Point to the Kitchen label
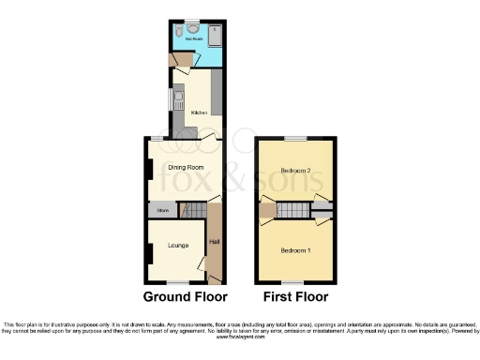click(x=199, y=112)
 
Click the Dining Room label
click(x=187, y=167)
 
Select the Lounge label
click(x=178, y=246)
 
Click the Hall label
click(x=214, y=244)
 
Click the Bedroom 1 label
click(x=296, y=250)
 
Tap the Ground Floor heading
click(x=186, y=297)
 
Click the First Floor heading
click(x=295, y=297)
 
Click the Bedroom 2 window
click(x=295, y=139)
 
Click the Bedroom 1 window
click(x=295, y=282)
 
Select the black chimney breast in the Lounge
click(x=147, y=252)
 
